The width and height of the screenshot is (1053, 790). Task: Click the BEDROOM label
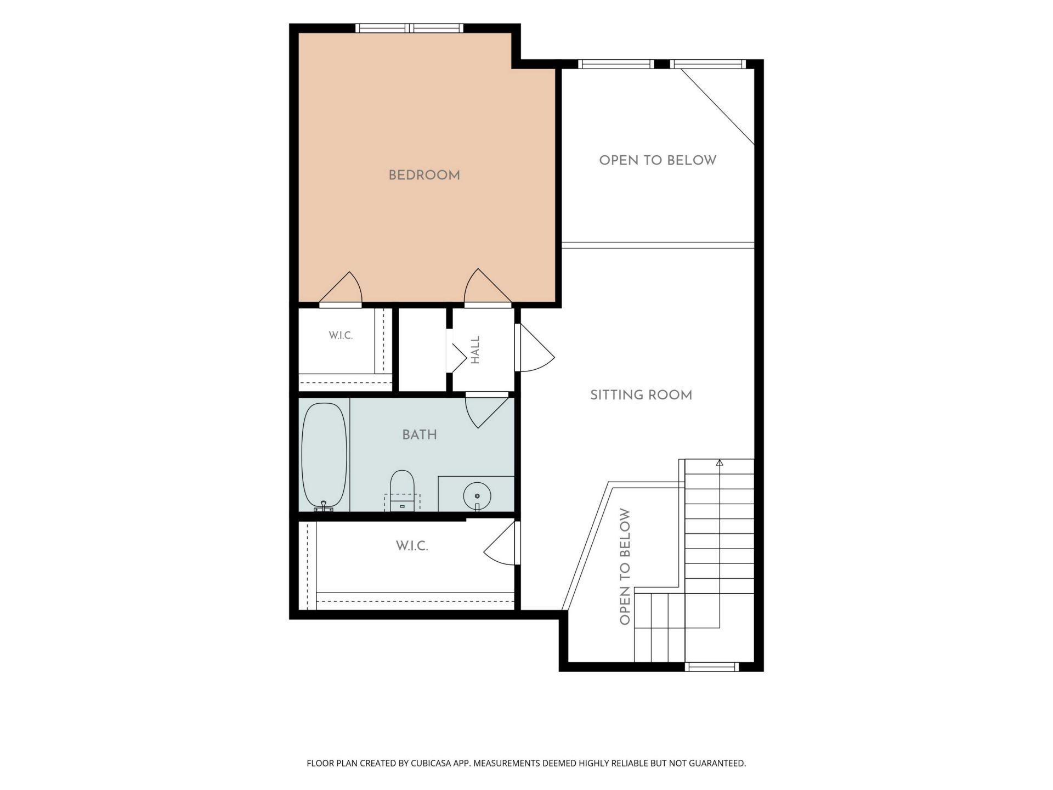(424, 176)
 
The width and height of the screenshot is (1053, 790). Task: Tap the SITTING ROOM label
(641, 395)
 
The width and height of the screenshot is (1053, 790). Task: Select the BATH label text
(420, 435)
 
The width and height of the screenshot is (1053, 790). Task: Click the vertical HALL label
(475, 349)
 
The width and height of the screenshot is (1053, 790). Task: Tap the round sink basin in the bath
(477, 496)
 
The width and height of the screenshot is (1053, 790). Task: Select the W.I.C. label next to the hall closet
(341, 335)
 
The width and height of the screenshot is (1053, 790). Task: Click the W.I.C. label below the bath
(412, 546)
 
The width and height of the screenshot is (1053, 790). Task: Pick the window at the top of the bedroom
(409, 28)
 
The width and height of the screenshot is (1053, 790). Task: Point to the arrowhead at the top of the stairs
(720, 462)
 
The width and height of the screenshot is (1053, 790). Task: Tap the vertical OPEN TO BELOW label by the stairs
(625, 567)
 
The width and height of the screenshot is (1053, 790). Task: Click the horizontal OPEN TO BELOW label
(658, 160)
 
